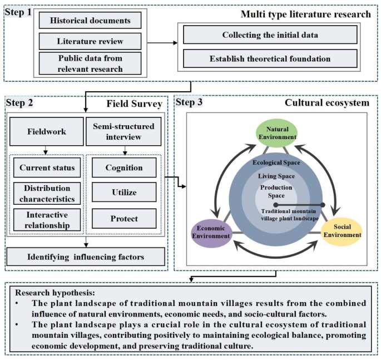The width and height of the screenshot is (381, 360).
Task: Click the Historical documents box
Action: click(90, 21)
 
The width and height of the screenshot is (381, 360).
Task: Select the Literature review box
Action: click(90, 41)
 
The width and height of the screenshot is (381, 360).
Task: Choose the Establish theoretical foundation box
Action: click(270, 58)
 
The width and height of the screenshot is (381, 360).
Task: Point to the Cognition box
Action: click(123, 167)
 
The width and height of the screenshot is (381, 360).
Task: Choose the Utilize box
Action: click(123, 193)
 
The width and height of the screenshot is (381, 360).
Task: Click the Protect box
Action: click(123, 219)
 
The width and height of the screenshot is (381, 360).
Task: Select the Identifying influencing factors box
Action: click(86, 257)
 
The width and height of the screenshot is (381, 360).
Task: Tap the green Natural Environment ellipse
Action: click(276, 134)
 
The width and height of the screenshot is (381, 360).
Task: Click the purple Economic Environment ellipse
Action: click(211, 232)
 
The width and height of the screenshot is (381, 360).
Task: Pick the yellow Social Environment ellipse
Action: click(342, 231)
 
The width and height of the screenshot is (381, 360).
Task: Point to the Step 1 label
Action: click(18, 12)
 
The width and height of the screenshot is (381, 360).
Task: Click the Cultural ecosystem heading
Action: click(326, 103)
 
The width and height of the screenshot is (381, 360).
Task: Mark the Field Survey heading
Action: click(135, 103)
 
